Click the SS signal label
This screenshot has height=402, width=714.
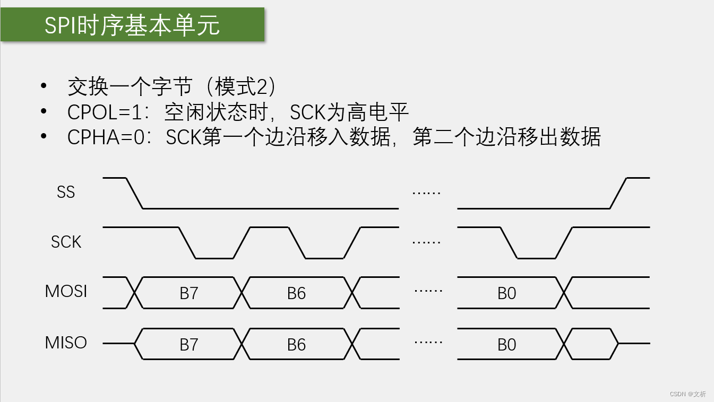tap(66, 192)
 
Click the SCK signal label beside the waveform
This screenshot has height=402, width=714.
tap(66, 242)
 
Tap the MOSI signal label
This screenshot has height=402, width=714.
tap(66, 291)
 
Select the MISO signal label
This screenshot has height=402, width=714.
tap(66, 343)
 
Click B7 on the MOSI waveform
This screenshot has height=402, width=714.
tap(189, 293)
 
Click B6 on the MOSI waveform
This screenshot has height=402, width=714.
tap(296, 293)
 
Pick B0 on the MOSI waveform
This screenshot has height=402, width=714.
tap(506, 293)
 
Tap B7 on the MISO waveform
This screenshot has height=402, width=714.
tap(189, 345)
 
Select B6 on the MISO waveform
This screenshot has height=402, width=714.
tap(296, 345)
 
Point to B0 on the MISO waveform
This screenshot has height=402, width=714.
tap(506, 345)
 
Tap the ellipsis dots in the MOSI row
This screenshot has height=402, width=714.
tap(428, 292)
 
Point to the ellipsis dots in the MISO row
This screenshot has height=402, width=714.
tap(428, 342)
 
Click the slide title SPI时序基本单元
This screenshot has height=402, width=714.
tap(132, 25)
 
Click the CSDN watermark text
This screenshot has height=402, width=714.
tap(687, 394)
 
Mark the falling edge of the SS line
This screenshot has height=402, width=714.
tap(135, 193)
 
